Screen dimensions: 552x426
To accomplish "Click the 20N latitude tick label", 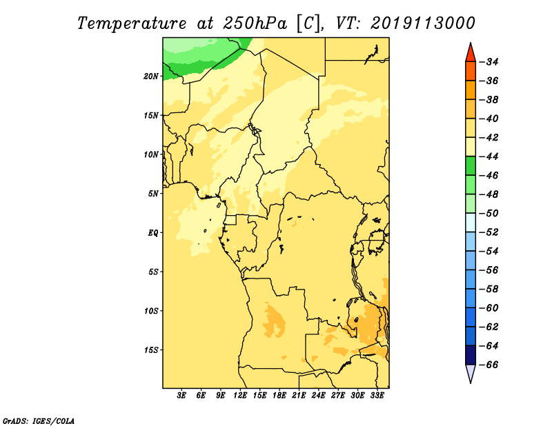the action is pos(151,77).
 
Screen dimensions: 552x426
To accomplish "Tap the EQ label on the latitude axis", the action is pos(152,233).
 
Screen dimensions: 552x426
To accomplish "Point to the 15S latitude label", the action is pos(151,350).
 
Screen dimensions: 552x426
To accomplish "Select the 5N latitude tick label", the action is pos(153,194).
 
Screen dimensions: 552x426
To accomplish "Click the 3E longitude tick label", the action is pos(181,396).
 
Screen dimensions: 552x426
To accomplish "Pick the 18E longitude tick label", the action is pos(279,396).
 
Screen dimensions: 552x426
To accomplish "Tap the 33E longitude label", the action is pos(377,396).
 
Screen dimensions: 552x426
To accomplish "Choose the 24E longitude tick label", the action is pos(318,396).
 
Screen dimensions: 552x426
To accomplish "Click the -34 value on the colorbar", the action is pos(489,62).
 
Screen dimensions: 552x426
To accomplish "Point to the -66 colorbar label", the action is pos(489,365).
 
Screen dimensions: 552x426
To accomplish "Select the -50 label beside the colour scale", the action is pos(489,214).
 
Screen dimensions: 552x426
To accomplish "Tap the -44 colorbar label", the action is pos(489,156).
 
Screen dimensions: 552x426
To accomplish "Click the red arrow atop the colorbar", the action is pos(471,53).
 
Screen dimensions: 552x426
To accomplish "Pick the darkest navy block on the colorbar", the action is pos(471,355).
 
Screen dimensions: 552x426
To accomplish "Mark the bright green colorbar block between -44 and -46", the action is pos(471,166).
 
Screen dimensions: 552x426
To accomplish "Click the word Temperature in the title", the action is pos(132,24).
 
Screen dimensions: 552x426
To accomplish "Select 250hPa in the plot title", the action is pos(255,23).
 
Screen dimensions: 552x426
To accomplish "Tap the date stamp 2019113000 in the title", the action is pos(423,23).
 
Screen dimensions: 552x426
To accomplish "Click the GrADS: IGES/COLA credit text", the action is pos(39,421).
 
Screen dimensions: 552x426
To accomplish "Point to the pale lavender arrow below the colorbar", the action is pos(471,373).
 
